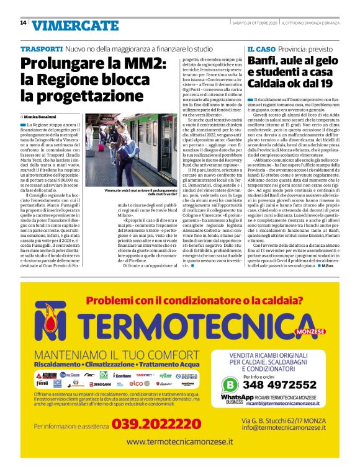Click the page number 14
(x=23, y=23)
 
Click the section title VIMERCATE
(x=74, y=25)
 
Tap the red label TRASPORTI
(x=41, y=48)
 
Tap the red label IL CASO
(x=261, y=48)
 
